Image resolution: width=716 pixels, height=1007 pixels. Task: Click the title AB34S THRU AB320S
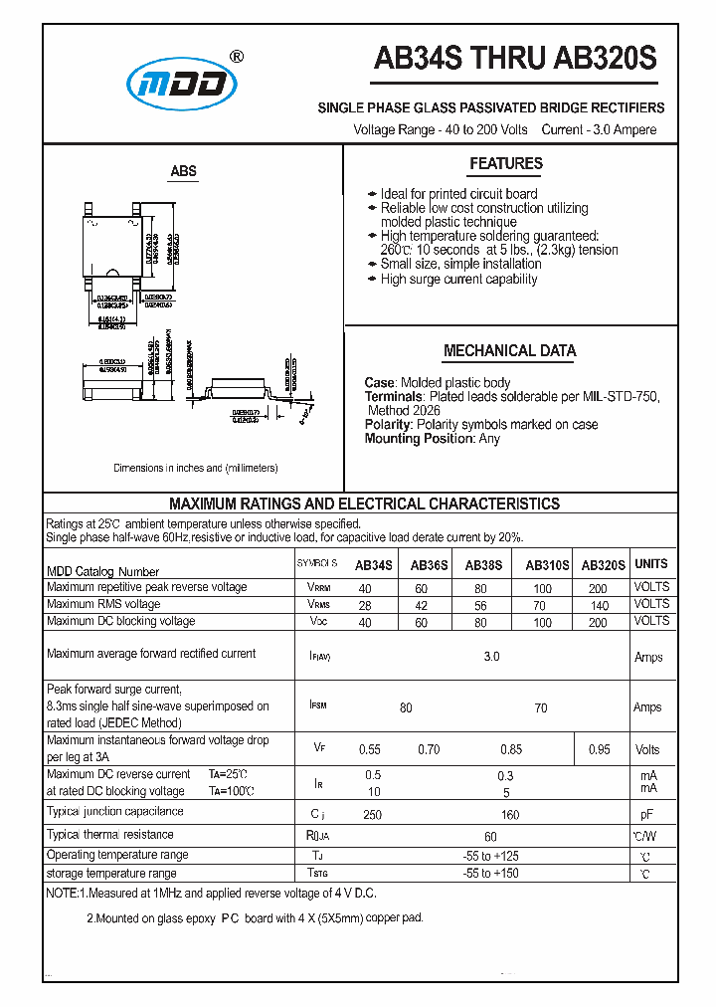(x=514, y=60)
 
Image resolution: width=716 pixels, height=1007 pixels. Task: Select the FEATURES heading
(x=506, y=164)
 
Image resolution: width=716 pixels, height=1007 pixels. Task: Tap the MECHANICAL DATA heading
(x=509, y=351)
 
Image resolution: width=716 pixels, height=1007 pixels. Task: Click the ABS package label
(x=184, y=171)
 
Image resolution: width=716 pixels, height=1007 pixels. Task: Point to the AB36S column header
(x=429, y=564)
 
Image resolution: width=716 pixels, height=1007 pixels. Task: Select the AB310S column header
(x=547, y=564)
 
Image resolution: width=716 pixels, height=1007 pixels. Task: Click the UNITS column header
(x=651, y=564)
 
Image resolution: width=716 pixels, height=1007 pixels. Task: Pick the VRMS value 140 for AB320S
(x=599, y=605)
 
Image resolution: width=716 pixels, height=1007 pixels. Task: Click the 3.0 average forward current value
(x=491, y=658)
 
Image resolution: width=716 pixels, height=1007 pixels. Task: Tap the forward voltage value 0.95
(x=599, y=750)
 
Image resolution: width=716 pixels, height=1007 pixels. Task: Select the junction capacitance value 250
(x=373, y=816)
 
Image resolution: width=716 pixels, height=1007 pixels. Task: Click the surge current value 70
(x=540, y=708)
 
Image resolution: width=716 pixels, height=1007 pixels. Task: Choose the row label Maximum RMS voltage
(x=103, y=604)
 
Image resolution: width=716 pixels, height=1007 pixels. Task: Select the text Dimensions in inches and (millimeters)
(x=196, y=468)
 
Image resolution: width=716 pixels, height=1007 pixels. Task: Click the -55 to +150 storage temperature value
(x=490, y=874)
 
